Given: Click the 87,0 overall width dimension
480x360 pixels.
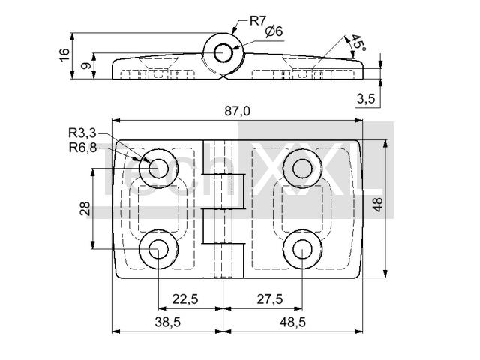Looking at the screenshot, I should click(237, 111).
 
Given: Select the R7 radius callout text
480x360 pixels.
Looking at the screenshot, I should click(258, 20).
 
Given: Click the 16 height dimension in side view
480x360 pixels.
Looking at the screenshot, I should click(64, 55).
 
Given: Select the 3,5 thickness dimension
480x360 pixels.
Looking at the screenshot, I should click(366, 98).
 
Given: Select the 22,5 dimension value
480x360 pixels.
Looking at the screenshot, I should click(184, 298).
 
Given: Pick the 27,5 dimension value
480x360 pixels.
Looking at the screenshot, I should click(269, 298).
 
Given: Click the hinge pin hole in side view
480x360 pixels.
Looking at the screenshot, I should click(223, 52).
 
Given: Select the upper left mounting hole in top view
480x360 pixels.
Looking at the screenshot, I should click(158, 168).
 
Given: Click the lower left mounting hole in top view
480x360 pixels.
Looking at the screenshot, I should click(158, 250).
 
